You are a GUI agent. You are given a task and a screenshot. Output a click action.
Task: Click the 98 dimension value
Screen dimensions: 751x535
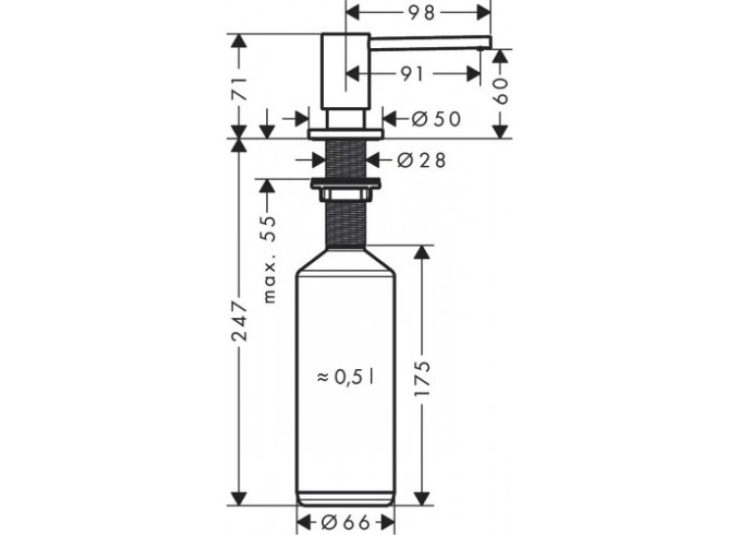click(421, 13)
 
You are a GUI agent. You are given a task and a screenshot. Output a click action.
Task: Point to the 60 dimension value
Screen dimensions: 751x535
click(501, 90)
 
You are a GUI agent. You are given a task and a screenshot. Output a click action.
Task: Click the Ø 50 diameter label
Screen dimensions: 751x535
click(436, 119)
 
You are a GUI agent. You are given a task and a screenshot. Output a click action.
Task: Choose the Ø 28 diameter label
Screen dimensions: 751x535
click(421, 160)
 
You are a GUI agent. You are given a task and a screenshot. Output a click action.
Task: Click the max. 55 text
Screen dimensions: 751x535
click(270, 259)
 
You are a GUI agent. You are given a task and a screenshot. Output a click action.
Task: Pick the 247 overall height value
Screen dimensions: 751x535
click(239, 321)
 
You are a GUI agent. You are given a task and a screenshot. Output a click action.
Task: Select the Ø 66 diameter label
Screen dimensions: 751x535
click(346, 522)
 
